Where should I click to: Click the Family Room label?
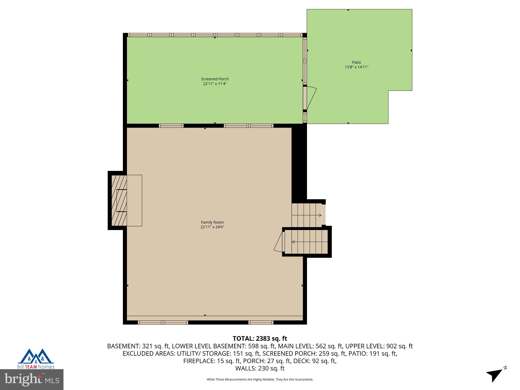pos(212,222)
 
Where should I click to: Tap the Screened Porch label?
pos(215,79)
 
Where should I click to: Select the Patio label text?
pos(356,62)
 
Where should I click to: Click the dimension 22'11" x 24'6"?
pos(212,227)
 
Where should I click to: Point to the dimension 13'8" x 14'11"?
pos(356,67)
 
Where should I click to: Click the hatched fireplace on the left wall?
pos(119,201)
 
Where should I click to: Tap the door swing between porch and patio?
pos(312,98)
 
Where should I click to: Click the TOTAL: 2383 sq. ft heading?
pos(260,338)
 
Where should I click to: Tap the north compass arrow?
pos(494,375)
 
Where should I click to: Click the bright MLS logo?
pos(31,379)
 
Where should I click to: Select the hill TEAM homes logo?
pos(36,359)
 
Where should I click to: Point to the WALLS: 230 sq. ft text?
pos(260,368)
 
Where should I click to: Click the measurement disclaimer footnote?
pos(260,379)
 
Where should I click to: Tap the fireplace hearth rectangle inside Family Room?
pos(134,201)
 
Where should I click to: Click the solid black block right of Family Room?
pos(299,162)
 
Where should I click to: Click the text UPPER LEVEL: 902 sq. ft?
pos(379,346)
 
